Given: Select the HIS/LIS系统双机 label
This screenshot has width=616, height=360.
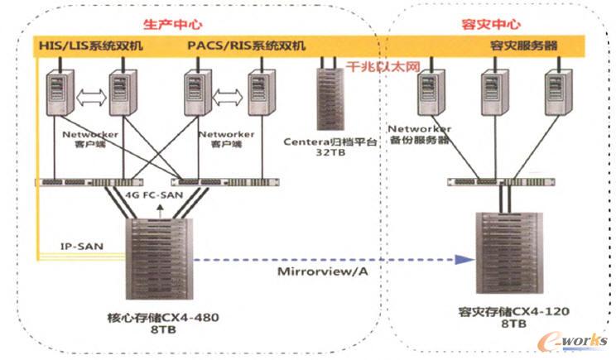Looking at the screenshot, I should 91,46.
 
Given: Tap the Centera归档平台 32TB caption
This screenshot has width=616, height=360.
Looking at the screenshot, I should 330,147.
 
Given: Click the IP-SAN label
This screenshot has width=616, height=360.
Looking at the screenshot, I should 80,246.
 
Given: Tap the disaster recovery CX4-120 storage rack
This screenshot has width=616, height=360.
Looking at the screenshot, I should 503,257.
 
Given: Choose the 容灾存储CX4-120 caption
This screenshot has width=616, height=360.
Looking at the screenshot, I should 508,313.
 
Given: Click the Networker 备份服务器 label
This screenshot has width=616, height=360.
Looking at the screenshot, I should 420,135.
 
